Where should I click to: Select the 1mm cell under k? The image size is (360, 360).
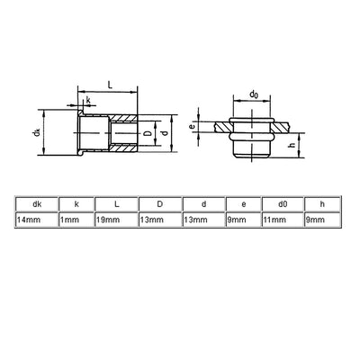[x=76, y=220]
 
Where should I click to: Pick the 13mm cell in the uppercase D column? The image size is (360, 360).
[x=159, y=220]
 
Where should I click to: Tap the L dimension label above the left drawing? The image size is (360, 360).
[x=109, y=82]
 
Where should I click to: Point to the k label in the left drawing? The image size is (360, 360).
[x=88, y=101]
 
